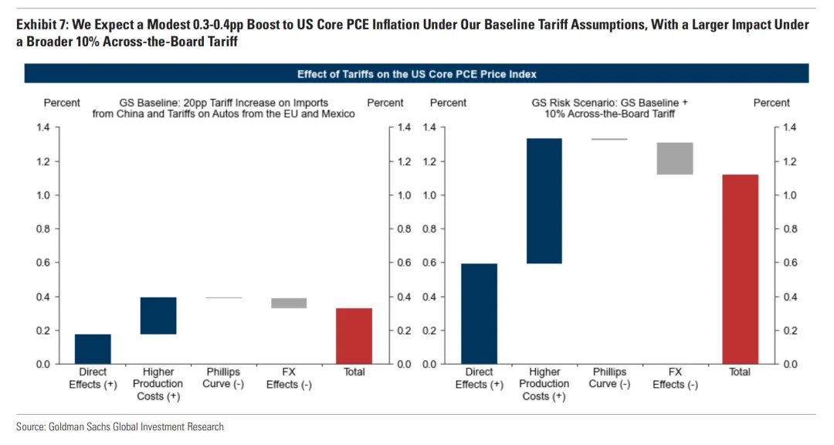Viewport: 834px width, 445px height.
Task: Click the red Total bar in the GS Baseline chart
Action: point(354,336)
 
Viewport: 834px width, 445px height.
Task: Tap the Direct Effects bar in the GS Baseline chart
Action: point(93,348)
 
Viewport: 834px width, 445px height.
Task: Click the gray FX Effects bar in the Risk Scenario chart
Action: point(675,158)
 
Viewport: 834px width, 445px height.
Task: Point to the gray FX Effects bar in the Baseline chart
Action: point(289,303)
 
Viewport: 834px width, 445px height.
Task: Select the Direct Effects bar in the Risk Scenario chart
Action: point(479,314)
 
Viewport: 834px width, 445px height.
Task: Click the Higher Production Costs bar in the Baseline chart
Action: point(158,315)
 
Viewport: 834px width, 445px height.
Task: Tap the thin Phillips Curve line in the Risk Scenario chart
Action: point(609,139)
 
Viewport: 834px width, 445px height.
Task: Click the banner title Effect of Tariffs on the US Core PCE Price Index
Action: point(417,74)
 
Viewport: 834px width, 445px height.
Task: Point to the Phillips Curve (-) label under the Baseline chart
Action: point(223,378)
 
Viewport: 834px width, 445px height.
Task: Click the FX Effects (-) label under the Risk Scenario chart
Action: point(675,378)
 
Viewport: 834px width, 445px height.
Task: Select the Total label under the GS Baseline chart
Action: point(354,372)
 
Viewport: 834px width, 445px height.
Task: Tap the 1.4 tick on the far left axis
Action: point(43,127)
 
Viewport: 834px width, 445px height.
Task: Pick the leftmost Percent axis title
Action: point(62,103)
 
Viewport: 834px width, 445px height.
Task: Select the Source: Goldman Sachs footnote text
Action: point(120,426)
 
